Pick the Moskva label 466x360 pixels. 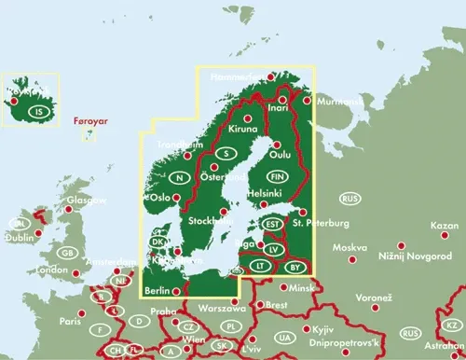350,248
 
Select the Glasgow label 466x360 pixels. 86,201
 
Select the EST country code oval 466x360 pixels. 272,224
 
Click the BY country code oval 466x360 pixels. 295,267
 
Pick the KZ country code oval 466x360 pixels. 452,325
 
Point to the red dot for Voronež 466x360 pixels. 371,307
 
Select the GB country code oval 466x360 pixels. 67,253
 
